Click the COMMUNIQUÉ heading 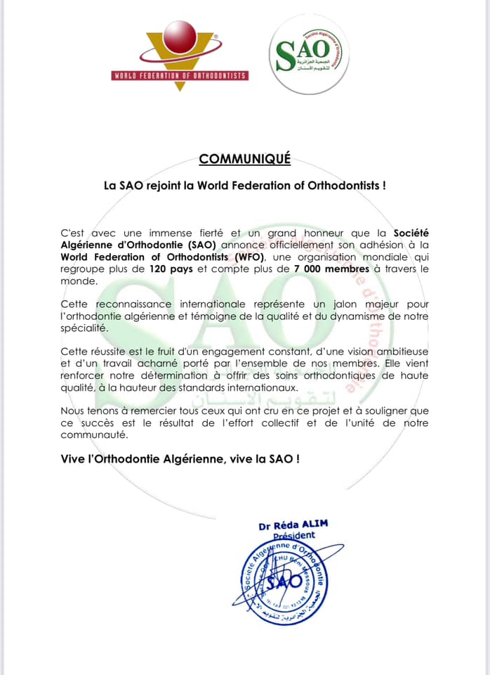[x=244, y=159]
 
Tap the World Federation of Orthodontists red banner [x=180, y=75]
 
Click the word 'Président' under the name [x=293, y=536]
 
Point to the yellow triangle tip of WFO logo [x=180, y=88]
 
